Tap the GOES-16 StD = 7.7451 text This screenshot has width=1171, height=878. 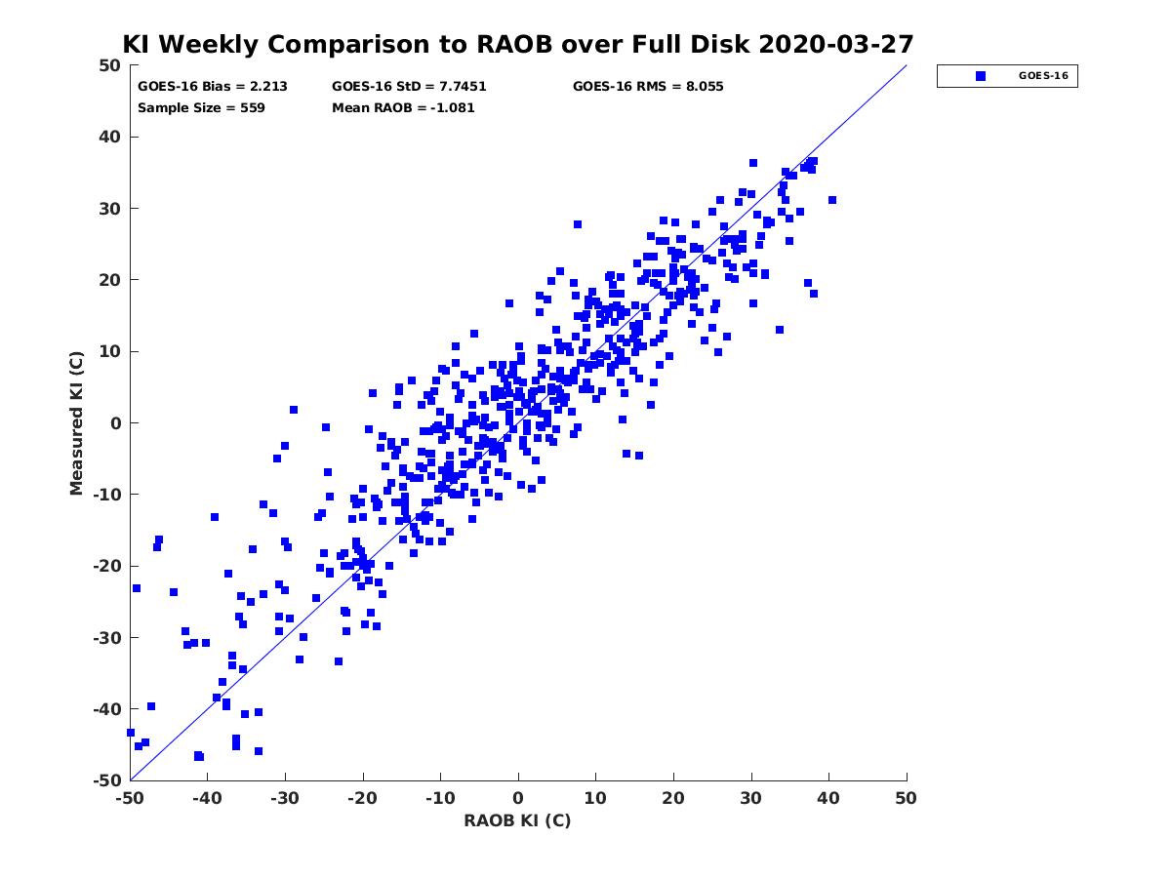point(409,86)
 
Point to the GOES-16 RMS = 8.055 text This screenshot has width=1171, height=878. point(648,86)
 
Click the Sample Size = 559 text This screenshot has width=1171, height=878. point(201,107)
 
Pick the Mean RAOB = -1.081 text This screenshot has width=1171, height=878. point(403,107)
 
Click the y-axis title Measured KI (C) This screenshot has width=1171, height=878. point(76,422)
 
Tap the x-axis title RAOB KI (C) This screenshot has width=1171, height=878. point(517,820)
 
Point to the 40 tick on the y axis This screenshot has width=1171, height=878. point(109,137)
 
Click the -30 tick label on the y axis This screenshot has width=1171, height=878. point(105,637)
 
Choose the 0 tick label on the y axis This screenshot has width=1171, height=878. point(114,422)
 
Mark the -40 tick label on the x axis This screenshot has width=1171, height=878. point(206,798)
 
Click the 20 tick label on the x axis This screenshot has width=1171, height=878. point(673,798)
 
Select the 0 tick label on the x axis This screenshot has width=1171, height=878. point(518,798)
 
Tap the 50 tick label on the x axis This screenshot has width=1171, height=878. point(907,798)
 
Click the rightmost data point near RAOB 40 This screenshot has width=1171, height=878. point(832,200)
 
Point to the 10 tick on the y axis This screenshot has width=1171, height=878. point(109,351)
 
